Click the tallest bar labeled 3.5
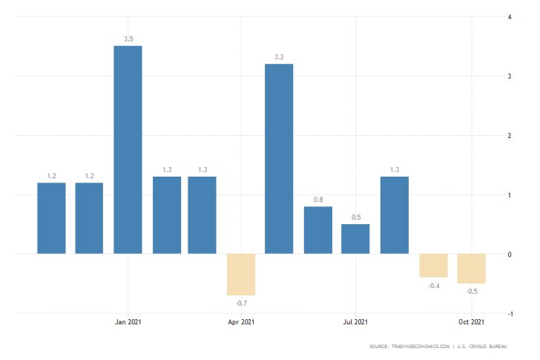click(128, 149)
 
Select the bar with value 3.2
click(279, 159)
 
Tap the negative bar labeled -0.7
click(241, 275)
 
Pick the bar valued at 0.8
click(317, 230)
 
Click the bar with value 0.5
click(355, 239)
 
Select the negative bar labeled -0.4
click(433, 266)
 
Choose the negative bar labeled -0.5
click(471, 269)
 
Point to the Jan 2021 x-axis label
click(128, 322)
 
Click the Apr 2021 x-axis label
click(242, 322)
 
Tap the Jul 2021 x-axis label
click(355, 322)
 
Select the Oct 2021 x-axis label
click(471, 322)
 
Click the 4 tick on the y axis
click(508, 16)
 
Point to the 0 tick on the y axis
click(508, 255)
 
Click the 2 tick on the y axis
click(508, 136)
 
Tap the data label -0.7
click(241, 304)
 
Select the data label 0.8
click(317, 199)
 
